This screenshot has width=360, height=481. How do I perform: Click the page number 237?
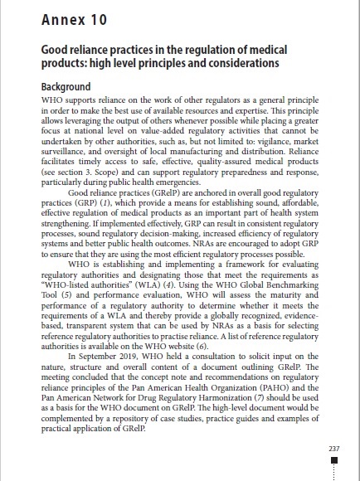tap(334, 449)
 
